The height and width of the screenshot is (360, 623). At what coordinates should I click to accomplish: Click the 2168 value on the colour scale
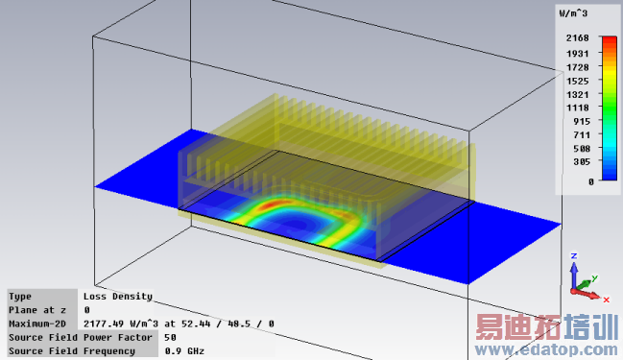pyautogui.click(x=577, y=38)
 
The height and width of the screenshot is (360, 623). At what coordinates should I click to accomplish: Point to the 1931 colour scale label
pyautogui.click(x=577, y=54)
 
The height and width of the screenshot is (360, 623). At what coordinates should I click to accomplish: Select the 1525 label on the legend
pyautogui.click(x=577, y=81)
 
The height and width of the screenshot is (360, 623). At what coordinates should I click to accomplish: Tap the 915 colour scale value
pyautogui.click(x=582, y=122)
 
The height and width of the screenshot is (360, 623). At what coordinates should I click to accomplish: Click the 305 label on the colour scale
pyautogui.click(x=582, y=161)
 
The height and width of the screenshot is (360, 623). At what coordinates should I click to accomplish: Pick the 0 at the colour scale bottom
pyautogui.click(x=591, y=182)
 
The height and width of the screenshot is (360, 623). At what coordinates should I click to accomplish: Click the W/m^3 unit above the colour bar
pyautogui.click(x=573, y=13)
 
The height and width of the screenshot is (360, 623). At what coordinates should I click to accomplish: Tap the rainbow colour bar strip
pyautogui.click(x=610, y=108)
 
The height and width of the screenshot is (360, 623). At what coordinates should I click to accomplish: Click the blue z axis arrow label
pyautogui.click(x=574, y=256)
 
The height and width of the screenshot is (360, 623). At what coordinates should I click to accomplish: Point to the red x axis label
pyautogui.click(x=607, y=300)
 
